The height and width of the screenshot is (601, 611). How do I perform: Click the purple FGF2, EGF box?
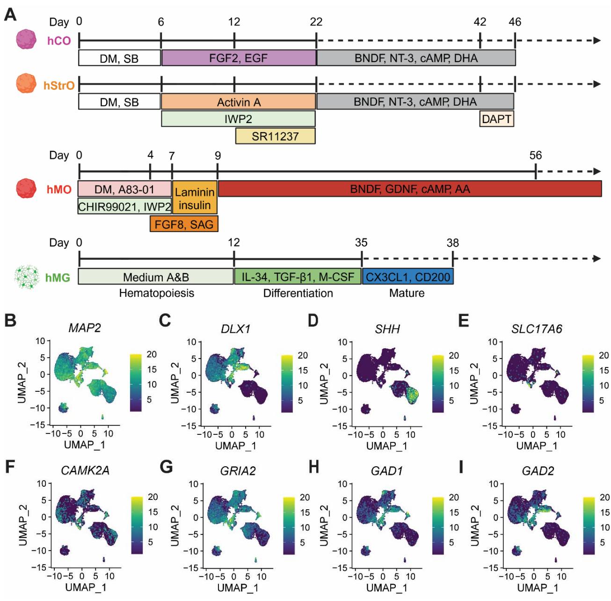[239, 58]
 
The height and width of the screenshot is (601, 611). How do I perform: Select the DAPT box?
[496, 119]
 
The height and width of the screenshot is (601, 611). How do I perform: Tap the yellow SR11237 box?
[275, 136]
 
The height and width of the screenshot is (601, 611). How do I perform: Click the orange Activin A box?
[239, 102]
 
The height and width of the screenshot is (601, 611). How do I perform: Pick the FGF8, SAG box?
[184, 224]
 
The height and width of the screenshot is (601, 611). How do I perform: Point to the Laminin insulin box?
[195, 198]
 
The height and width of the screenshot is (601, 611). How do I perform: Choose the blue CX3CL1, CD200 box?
[407, 277]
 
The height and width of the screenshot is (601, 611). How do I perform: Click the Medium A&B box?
[156, 277]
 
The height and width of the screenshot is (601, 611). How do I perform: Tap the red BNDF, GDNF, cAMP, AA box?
[410, 189]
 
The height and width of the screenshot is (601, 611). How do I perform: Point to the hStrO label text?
[59, 86]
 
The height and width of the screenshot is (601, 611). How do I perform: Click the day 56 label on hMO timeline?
[535, 155]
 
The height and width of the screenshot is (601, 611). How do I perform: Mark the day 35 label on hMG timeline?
[361, 242]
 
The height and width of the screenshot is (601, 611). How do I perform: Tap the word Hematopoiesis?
[156, 293]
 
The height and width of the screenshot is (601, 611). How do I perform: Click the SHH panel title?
[387, 329]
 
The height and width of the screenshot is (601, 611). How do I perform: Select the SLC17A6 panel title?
[537, 329]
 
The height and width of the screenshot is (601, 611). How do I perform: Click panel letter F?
[10, 467]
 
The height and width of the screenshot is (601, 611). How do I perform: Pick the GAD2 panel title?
[538, 471]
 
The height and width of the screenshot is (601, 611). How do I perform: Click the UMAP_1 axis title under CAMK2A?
[86, 587]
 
